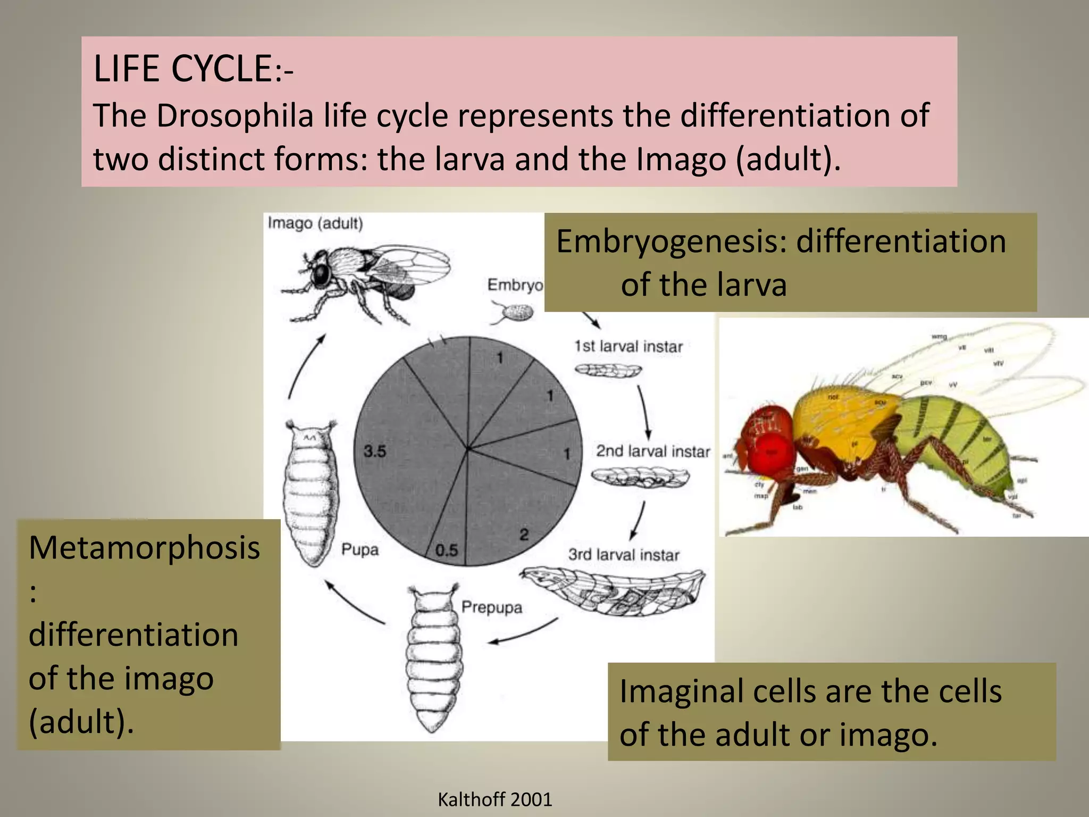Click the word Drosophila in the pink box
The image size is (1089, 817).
[234, 115]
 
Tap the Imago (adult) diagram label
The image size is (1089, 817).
[315, 223]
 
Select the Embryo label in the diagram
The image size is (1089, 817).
[515, 285]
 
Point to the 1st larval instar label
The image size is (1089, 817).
[628, 346]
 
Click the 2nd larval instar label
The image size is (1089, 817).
[652, 451]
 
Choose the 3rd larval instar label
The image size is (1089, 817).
[624, 555]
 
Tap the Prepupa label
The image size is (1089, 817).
[491, 607]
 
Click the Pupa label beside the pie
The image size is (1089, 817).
[359, 549]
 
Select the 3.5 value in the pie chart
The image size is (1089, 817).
[375, 452]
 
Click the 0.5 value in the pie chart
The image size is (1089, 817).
[446, 550]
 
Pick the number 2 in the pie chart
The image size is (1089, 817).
[524, 534]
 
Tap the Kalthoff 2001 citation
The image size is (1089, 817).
[495, 799]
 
